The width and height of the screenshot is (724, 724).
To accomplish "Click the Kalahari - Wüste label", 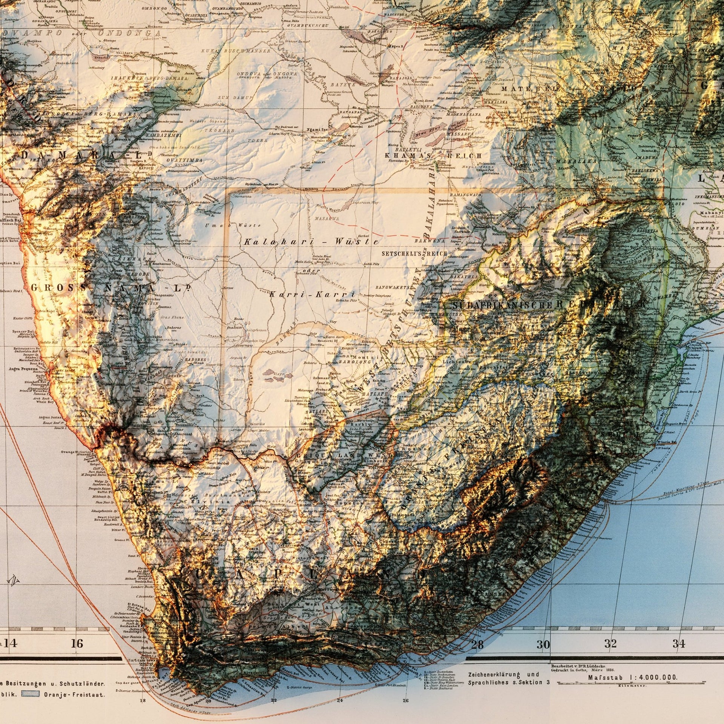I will pyautogui.click(x=311, y=242).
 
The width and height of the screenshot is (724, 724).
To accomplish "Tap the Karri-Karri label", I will pyautogui.click(x=313, y=295).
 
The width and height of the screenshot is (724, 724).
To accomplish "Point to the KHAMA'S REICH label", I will pyautogui.click(x=433, y=155).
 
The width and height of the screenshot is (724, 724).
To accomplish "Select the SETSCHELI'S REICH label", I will pyautogui.click(x=414, y=254).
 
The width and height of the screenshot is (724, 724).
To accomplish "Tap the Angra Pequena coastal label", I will pyautogui.click(x=23, y=368).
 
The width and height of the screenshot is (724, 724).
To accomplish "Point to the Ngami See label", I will pyautogui.click(x=317, y=129).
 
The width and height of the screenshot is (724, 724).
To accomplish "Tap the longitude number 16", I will pyautogui.click(x=77, y=643).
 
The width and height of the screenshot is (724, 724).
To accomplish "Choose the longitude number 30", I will pyautogui.click(x=543, y=644).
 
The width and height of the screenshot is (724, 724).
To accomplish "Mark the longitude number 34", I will pyautogui.click(x=679, y=643).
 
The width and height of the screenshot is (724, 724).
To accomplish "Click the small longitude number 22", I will pyautogui.click(x=274, y=701).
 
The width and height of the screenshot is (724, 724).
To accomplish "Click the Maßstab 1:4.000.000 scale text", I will pyautogui.click(x=632, y=677).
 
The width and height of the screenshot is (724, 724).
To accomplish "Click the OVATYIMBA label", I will pyautogui.click(x=184, y=160).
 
